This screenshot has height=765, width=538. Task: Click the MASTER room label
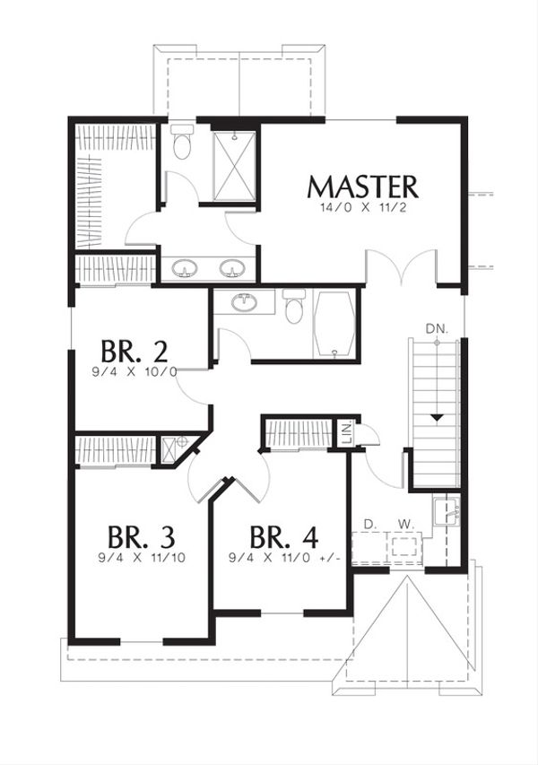tap(362, 187)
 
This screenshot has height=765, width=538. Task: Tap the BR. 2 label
tap(134, 350)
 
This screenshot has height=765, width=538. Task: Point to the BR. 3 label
tap(141, 537)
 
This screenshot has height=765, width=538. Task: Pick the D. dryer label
tap(368, 523)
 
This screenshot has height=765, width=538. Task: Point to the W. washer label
tap(404, 523)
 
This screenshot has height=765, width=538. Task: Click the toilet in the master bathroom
tap(182, 143)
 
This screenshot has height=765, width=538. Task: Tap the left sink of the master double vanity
tap(186, 268)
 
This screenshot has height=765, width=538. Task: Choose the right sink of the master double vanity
tap(233, 268)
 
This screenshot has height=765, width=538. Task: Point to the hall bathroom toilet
tap(292, 308)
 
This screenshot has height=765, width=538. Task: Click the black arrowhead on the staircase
tap(436, 417)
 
